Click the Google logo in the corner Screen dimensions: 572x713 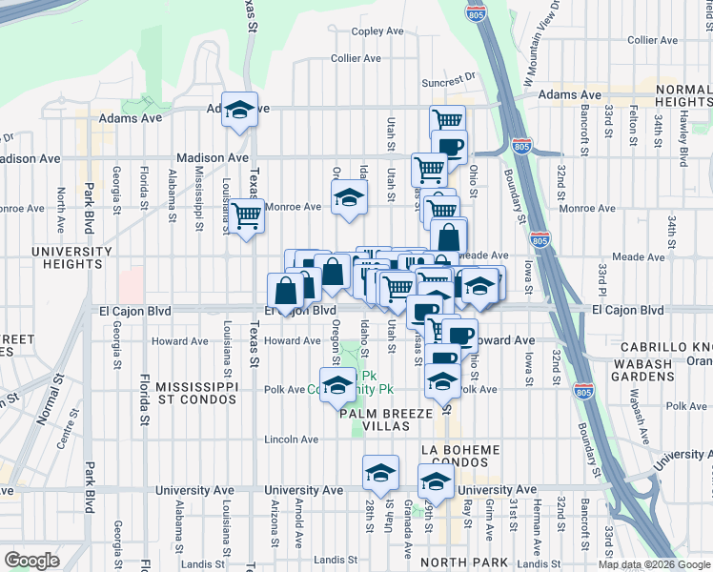click(x=31, y=561)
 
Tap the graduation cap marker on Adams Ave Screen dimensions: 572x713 click(x=240, y=109)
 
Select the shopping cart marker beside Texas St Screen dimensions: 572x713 click(x=247, y=217)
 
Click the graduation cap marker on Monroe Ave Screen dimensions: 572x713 click(x=349, y=198)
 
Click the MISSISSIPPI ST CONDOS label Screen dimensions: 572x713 click(x=196, y=393)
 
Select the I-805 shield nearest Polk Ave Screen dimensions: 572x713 click(x=583, y=391)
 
